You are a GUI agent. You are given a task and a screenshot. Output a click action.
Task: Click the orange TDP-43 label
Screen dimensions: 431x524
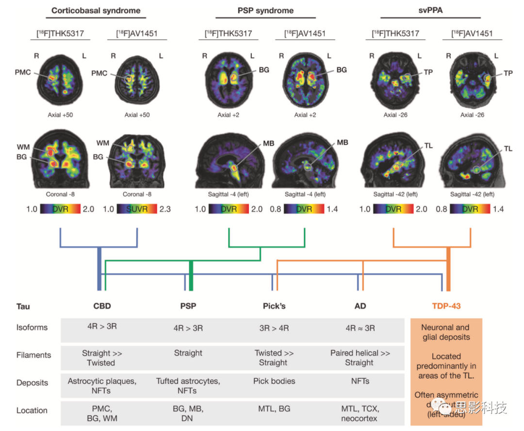click(446, 306)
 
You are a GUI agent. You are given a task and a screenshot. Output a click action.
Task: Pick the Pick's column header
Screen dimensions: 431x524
click(274, 306)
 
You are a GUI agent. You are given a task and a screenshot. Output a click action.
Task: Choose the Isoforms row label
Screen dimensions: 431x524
click(32, 328)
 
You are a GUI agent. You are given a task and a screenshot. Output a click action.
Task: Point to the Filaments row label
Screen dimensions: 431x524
click(33, 355)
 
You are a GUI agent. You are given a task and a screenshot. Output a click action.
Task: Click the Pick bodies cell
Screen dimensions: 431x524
click(274, 381)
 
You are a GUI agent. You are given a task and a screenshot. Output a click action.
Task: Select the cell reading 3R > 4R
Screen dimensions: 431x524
click(274, 328)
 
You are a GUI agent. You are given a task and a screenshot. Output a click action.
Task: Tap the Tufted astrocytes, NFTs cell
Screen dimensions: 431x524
click(188, 385)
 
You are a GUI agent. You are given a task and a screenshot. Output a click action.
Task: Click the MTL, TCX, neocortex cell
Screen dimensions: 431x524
click(360, 413)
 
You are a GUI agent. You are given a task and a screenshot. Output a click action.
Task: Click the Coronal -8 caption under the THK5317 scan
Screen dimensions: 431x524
click(61, 194)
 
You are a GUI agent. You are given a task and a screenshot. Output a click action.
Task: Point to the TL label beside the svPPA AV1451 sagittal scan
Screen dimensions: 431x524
click(508, 149)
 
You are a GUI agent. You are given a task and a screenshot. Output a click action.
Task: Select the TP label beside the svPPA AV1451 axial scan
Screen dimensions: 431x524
click(508, 73)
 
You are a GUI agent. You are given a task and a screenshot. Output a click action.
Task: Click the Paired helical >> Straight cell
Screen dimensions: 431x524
click(360, 358)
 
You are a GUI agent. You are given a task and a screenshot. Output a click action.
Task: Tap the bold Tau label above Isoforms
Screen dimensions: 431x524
click(23, 307)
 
